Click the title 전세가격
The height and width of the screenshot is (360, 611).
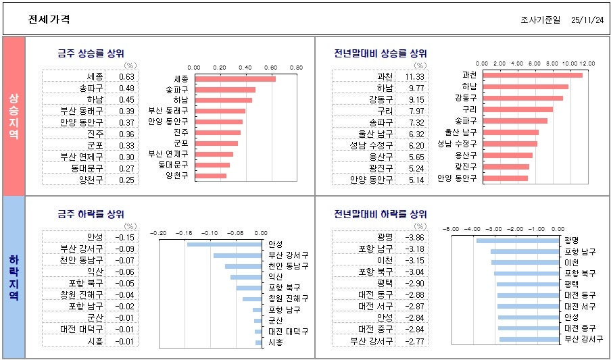click(49, 20)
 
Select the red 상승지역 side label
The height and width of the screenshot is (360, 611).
click(14, 115)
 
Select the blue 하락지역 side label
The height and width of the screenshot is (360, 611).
click(14, 278)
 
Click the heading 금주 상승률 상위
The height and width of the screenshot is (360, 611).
click(91, 53)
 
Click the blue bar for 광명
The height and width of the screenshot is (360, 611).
click(519, 240)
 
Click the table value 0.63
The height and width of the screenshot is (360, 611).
click(126, 76)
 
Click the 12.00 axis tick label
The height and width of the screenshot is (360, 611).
click(587, 63)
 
